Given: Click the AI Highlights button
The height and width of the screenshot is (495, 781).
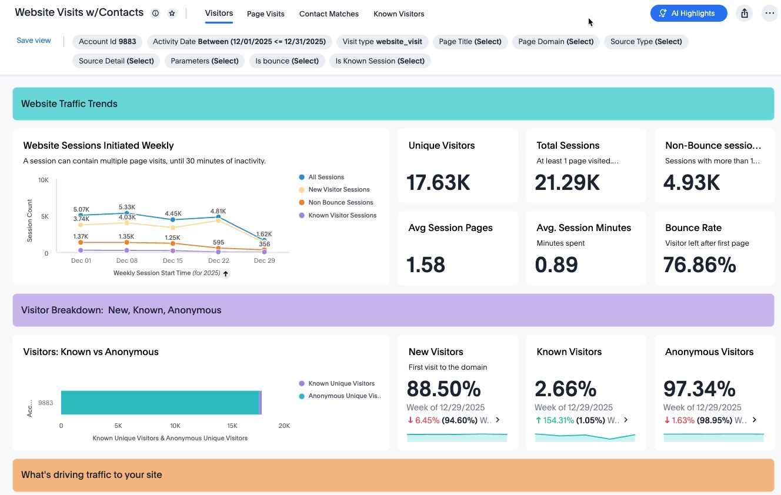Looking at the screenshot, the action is click(689, 14).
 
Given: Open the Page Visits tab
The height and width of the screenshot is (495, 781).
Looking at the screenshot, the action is click(266, 14).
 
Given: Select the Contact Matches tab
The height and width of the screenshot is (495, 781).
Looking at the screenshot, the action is click(329, 14).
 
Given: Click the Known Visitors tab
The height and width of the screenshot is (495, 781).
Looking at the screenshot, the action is click(399, 14).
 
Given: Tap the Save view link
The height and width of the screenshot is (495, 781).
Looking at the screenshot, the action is click(34, 41).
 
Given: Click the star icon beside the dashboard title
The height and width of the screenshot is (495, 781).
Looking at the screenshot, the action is click(172, 14).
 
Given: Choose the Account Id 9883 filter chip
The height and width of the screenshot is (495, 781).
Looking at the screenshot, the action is click(108, 42).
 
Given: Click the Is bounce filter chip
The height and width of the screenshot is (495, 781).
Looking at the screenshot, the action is click(287, 61).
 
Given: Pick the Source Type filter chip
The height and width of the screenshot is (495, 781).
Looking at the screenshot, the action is click(646, 42).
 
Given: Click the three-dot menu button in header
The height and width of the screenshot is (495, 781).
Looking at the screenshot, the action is click(769, 14).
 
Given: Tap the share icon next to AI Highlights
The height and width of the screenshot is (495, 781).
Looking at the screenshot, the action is click(745, 14).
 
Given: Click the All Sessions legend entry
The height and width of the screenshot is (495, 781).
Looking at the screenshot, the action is click(322, 177).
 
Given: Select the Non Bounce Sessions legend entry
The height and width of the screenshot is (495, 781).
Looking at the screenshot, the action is click(336, 203).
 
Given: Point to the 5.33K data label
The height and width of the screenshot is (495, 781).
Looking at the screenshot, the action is click(127, 207).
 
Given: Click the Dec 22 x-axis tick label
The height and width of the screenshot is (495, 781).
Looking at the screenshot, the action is click(219, 261).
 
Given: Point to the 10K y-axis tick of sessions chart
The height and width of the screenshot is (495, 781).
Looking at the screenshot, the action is click(44, 180).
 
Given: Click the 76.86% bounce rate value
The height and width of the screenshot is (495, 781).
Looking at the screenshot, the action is click(699, 265).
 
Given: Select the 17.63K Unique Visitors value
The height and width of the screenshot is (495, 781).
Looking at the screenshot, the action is click(438, 182).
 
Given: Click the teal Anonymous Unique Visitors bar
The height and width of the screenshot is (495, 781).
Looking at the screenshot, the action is click(160, 403).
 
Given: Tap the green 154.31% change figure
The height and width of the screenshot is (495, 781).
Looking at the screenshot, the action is click(558, 420).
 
